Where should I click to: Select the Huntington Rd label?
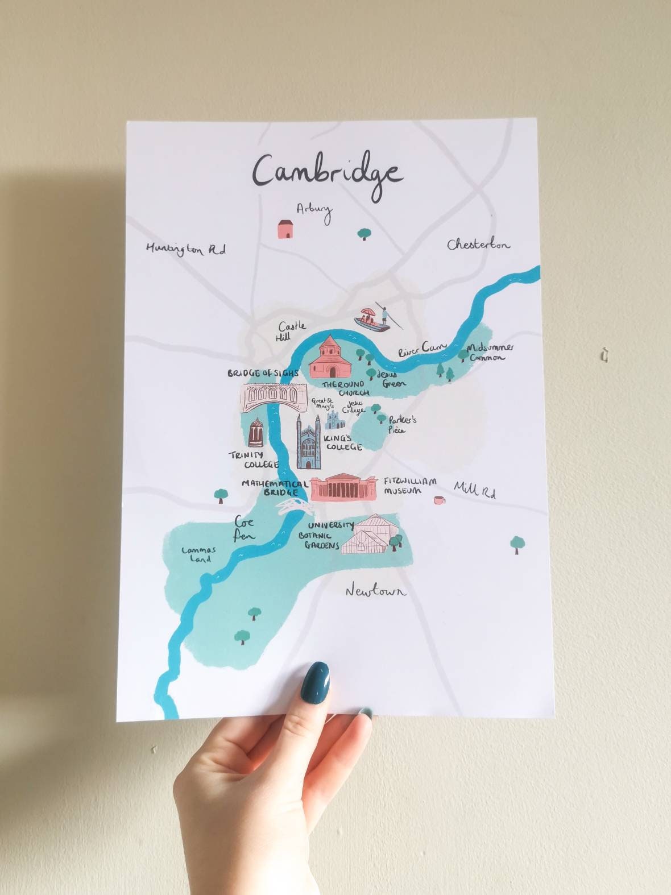185,249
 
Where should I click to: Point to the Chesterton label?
478,245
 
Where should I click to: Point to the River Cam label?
423,349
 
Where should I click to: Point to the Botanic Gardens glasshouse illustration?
372,534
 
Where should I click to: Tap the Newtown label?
376,591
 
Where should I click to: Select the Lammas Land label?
196,554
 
